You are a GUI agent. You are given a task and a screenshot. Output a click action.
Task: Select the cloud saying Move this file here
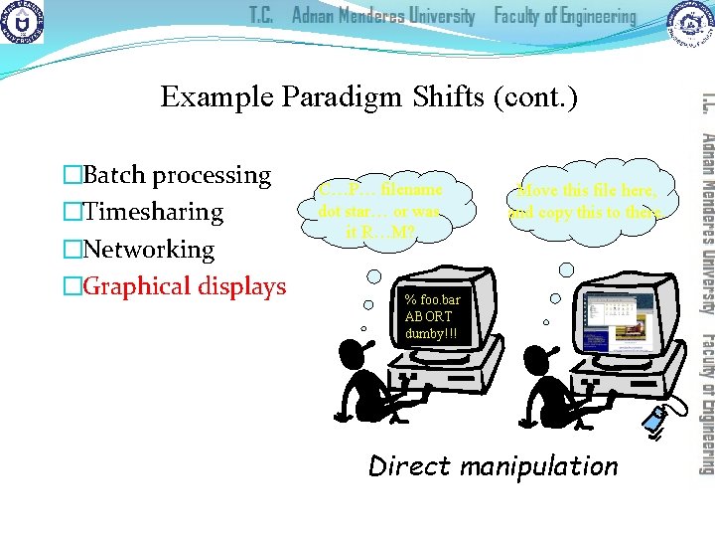pos(591,200)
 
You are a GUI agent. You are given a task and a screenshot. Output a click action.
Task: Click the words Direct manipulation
pos(493,465)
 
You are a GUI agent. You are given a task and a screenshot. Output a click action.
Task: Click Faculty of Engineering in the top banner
pos(565,17)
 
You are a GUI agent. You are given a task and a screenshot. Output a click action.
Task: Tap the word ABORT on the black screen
pos(429,316)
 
